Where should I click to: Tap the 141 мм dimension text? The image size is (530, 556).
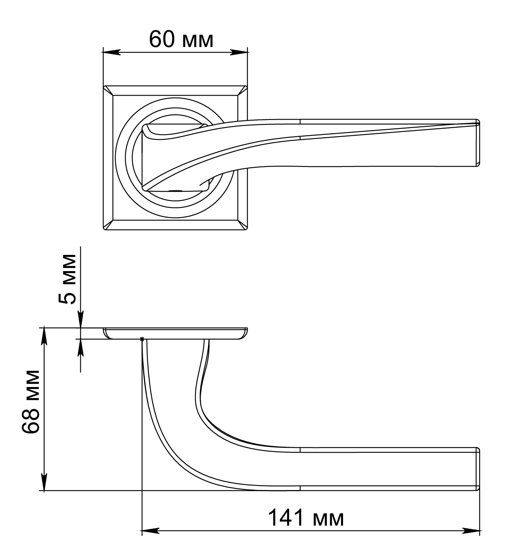tap(306, 518)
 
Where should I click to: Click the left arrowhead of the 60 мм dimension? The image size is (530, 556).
tap(112, 52)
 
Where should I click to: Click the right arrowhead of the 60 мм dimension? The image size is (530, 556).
tap(239, 52)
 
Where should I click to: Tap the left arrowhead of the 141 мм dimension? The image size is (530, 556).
tap(150, 530)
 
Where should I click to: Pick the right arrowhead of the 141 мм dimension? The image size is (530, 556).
tap(471, 530)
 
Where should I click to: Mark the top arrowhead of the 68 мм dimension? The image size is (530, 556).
tap(44, 336)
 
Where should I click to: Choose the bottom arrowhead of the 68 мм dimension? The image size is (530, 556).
tap(44, 481)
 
